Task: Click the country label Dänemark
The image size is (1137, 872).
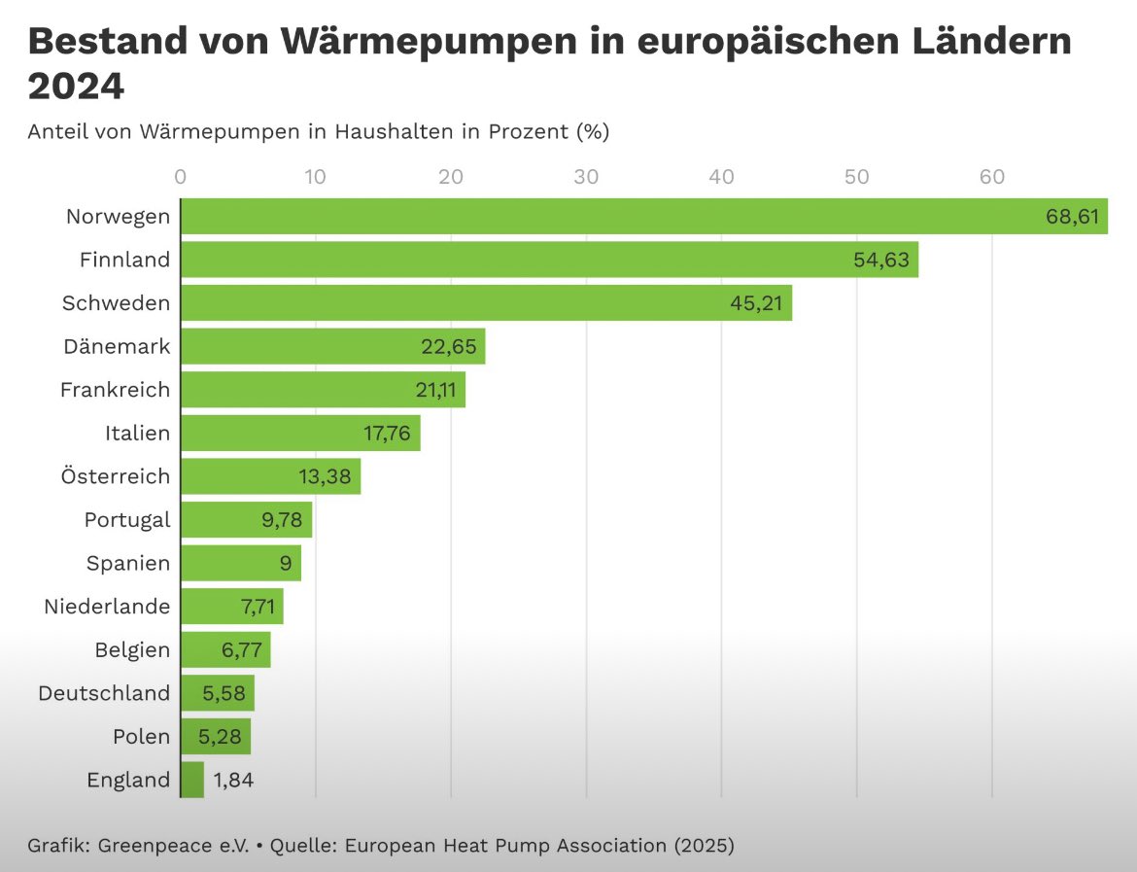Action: (x=117, y=346)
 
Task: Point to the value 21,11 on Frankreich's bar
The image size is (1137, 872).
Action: (x=435, y=390)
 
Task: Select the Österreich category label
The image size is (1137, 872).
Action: (x=114, y=476)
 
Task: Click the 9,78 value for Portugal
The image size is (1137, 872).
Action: (x=282, y=520)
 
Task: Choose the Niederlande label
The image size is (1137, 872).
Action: (x=107, y=607)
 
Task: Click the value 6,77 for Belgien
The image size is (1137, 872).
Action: (x=242, y=650)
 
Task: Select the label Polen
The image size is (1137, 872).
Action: (x=141, y=736)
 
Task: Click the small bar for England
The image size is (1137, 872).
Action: (x=192, y=780)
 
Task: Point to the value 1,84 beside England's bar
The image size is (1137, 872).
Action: (x=232, y=780)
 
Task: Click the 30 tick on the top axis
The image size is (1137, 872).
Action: (x=586, y=177)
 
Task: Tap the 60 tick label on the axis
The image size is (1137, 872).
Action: (x=991, y=177)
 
